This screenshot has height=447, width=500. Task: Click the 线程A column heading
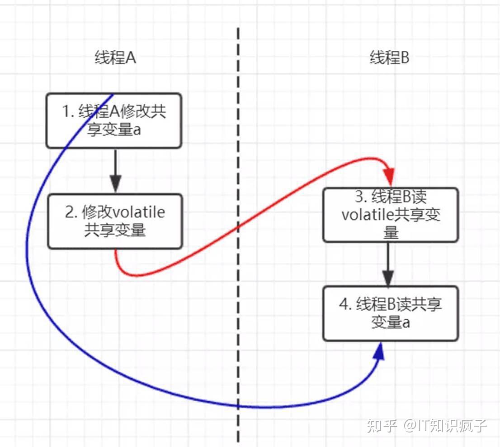pyautogui.click(x=116, y=58)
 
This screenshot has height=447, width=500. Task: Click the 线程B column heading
pyautogui.click(x=389, y=58)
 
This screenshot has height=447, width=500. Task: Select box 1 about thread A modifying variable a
pyautogui.click(x=114, y=120)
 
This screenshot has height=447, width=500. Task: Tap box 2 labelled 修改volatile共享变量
pyautogui.click(x=115, y=221)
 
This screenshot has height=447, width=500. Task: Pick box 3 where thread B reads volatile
pyautogui.click(x=391, y=215)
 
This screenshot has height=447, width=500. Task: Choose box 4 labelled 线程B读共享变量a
pyautogui.click(x=391, y=313)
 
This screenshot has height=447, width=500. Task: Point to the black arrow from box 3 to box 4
pyautogui.click(x=388, y=264)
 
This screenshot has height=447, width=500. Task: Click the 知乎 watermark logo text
pyautogui.click(x=382, y=426)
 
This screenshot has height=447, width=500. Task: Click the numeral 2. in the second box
pyautogui.click(x=71, y=212)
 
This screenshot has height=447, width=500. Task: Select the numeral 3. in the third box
pyautogui.click(x=360, y=197)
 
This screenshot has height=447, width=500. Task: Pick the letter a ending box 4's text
pyautogui.click(x=406, y=323)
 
